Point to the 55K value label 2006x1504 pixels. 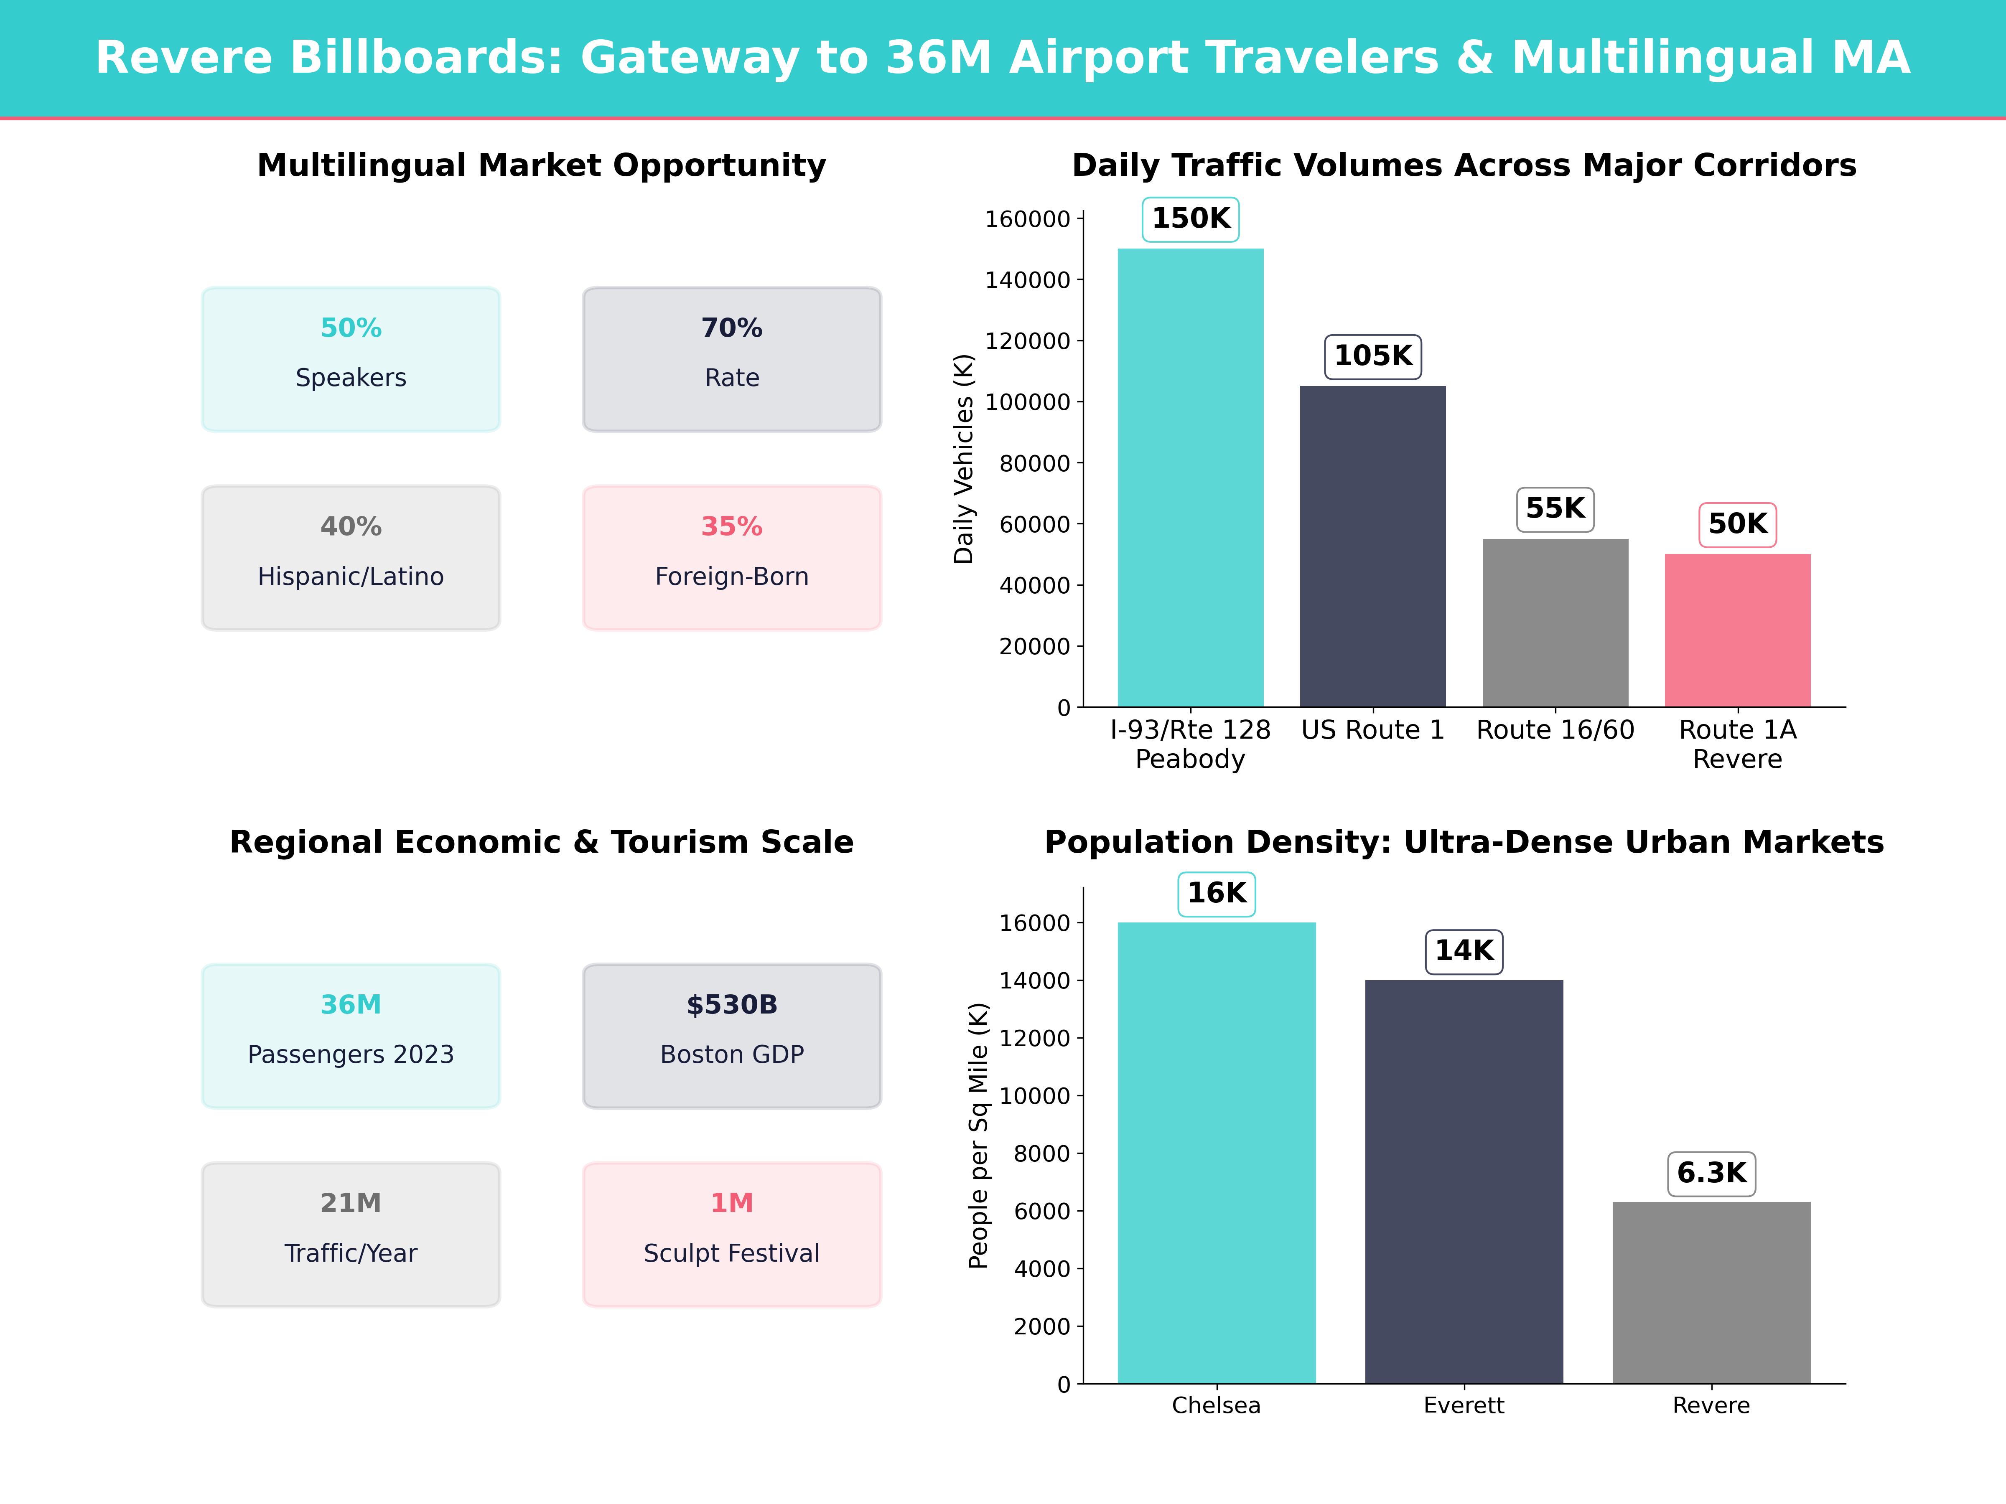(x=1555, y=508)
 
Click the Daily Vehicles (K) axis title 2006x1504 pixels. (x=963, y=459)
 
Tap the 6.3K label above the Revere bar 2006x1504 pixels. (x=1711, y=1173)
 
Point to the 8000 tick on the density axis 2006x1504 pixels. (x=1042, y=1154)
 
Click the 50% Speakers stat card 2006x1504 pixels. (x=351, y=359)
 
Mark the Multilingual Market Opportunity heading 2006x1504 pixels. (x=541, y=166)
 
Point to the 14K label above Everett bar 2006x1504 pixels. (x=1464, y=951)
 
